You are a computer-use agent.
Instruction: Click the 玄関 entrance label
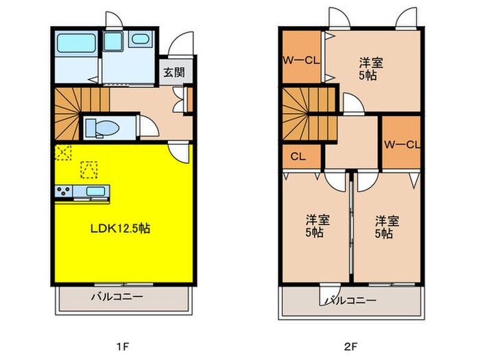(x=173, y=73)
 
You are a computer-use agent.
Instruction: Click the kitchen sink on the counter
(x=95, y=191)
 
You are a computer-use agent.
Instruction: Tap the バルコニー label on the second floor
(x=351, y=300)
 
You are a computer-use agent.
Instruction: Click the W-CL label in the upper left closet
(x=300, y=60)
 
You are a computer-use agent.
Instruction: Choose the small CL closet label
(x=298, y=156)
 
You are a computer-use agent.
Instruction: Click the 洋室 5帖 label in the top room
(x=371, y=69)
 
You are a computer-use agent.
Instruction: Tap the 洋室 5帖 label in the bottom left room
(x=317, y=226)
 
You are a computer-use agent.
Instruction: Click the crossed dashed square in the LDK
(x=63, y=152)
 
